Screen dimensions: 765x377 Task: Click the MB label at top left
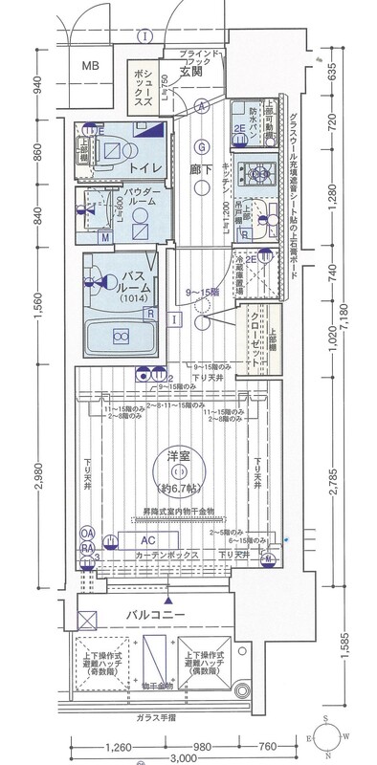point(89,66)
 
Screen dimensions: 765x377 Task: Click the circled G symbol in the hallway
point(202,146)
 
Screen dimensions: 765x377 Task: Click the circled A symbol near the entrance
point(204,106)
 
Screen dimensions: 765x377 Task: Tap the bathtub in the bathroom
point(122,337)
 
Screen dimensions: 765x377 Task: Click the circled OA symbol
point(87,534)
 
